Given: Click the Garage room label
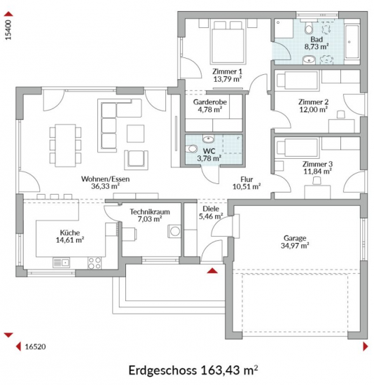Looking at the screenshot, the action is point(295,238).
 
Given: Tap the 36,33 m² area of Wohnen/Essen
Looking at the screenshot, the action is point(106,186).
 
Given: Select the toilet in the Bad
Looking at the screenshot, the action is point(308,27).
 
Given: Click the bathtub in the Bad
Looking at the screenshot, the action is point(352,41).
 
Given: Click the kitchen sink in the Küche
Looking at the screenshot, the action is point(61,262).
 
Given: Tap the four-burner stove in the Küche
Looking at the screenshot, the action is point(95,262).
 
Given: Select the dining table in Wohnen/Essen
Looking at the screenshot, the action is point(65,146).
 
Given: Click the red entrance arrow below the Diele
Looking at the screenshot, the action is point(212,271).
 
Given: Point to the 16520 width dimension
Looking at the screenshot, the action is point(36,346).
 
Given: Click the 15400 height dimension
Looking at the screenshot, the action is point(8,30).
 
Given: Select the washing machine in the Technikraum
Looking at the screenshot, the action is point(174,231).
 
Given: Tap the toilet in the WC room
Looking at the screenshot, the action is point(191,149).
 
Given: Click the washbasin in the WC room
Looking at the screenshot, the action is point(209,139).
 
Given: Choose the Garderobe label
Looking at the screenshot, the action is point(210,102).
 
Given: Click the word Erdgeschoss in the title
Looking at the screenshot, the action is point(162,370).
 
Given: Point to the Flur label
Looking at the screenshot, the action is point(247,179).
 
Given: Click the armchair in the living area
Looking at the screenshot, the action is point(136,160).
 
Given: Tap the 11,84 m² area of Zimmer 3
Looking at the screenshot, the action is point(317,171).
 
